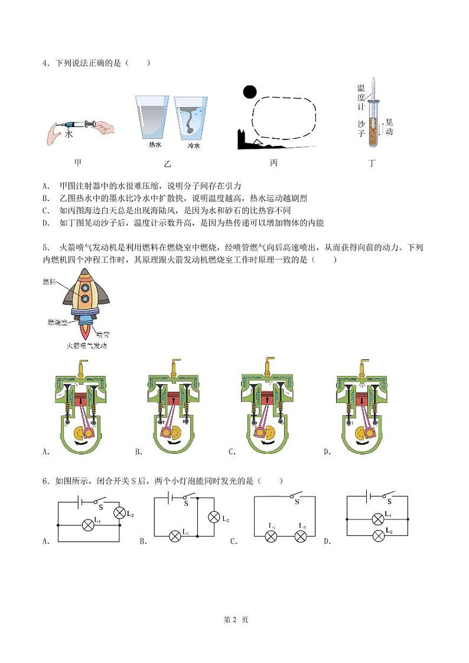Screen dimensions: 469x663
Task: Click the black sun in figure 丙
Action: [x=250, y=92]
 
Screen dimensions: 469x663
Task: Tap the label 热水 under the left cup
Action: [x=148, y=145]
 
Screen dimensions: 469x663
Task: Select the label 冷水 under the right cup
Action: [x=194, y=145]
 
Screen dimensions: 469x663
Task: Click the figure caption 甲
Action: [x=77, y=162]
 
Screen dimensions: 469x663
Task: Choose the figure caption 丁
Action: [x=372, y=162]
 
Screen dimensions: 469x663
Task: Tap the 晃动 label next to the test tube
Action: [x=388, y=126]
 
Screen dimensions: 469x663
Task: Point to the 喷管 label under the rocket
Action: [x=102, y=334]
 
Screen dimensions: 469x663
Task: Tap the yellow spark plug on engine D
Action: [x=360, y=366]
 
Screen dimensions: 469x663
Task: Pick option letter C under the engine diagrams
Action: [x=233, y=452]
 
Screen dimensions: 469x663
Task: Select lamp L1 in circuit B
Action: [x=175, y=536]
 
